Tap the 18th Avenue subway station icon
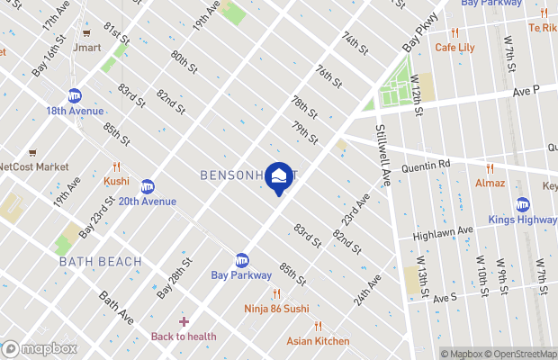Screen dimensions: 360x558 coord(75,95)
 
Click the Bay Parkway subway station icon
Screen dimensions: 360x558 coord(241,260)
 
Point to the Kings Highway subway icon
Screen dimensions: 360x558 coord(522,204)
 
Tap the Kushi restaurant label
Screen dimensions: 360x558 coord(116,180)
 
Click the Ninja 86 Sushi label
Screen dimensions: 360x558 coord(276,309)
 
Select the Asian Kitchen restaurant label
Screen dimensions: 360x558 coord(318,340)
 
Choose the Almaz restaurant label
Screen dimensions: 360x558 coord(490,183)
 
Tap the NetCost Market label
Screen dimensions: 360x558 coord(34,166)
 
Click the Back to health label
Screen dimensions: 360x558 coord(184,336)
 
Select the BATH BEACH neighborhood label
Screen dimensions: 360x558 coord(100,261)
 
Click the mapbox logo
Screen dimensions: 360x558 coord(40,348)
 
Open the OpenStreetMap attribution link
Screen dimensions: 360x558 coord(520,354)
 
